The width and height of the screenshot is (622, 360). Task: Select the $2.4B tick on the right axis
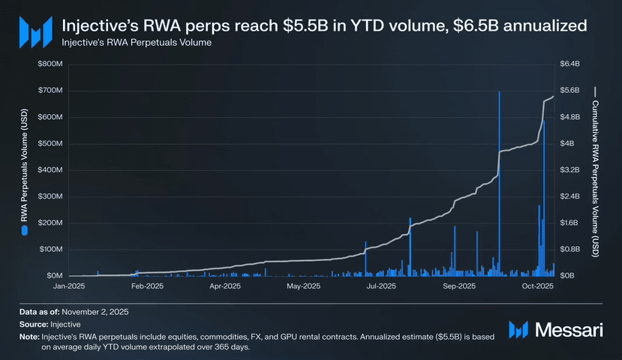coord(570,196)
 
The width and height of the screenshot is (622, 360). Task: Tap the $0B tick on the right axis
coord(568,276)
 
